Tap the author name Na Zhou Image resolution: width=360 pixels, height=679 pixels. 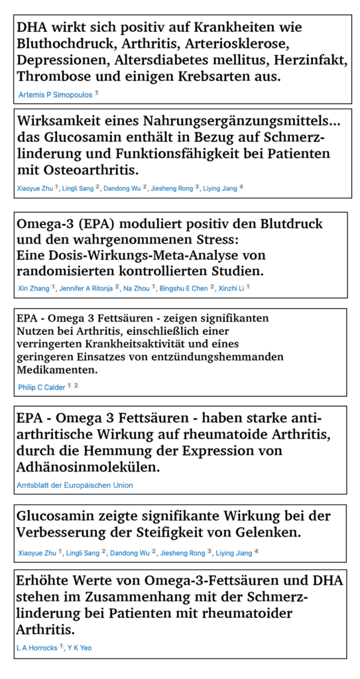pyautogui.click(x=137, y=288)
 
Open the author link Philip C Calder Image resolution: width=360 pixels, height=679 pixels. pyautogui.click(x=42, y=386)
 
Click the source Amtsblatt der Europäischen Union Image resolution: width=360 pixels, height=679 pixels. pyautogui.click(x=74, y=485)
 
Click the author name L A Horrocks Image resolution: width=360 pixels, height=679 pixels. pyautogui.click(x=37, y=647)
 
